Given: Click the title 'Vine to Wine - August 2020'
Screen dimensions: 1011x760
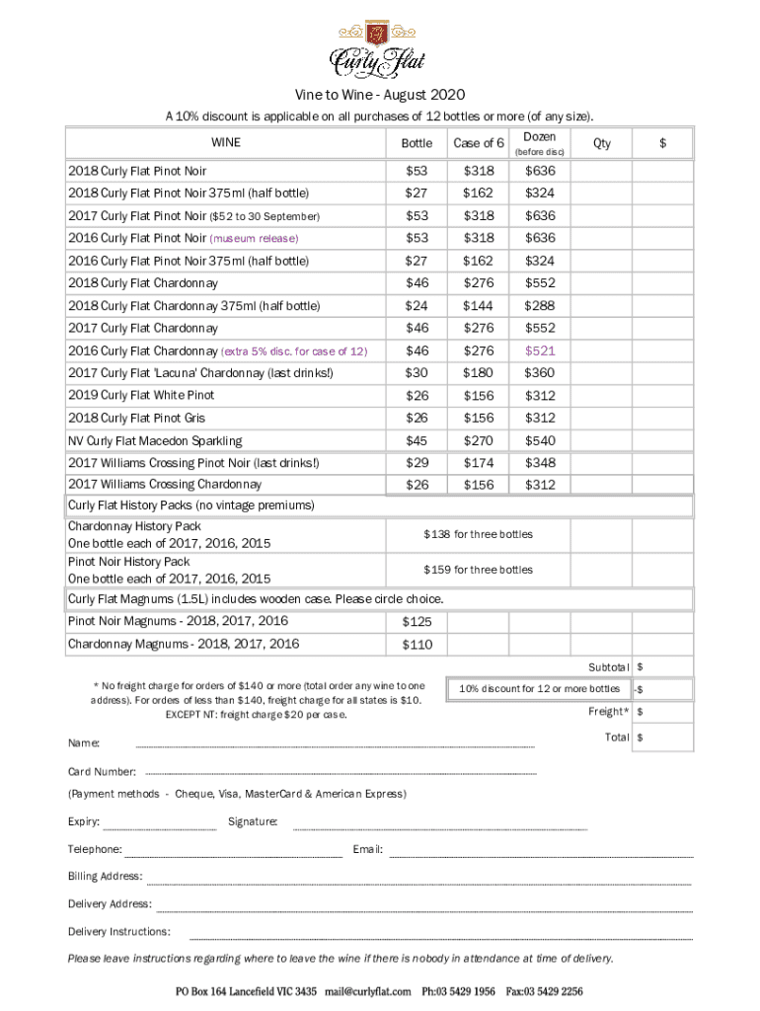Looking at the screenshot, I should tap(380, 96).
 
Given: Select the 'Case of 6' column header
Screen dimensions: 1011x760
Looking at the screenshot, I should tap(479, 143).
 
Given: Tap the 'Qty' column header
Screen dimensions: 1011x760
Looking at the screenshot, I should tap(602, 143).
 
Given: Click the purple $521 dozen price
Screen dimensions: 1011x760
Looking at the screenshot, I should tap(540, 350).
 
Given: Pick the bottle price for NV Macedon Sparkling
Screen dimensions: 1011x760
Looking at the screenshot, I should tap(418, 440).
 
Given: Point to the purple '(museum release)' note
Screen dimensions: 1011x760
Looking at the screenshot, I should tap(254, 239).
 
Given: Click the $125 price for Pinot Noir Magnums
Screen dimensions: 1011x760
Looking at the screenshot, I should tap(418, 622).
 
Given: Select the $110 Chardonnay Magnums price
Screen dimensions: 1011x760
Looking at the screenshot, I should tap(418, 645).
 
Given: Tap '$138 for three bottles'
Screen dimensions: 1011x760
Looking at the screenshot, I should tap(478, 534).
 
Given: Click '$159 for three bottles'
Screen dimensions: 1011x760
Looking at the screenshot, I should tap(478, 570).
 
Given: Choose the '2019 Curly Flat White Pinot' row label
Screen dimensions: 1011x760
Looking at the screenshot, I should tap(140, 395).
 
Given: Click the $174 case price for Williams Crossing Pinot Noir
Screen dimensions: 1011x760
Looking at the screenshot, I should tap(479, 463).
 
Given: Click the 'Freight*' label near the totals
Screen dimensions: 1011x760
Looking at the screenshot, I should tap(607, 712).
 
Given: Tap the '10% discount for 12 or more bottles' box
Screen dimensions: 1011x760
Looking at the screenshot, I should tap(539, 688).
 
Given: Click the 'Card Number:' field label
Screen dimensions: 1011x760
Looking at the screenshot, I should tap(102, 771).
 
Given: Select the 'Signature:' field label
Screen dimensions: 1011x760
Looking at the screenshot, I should tap(253, 821).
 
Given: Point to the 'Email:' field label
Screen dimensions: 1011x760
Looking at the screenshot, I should tap(367, 849).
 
